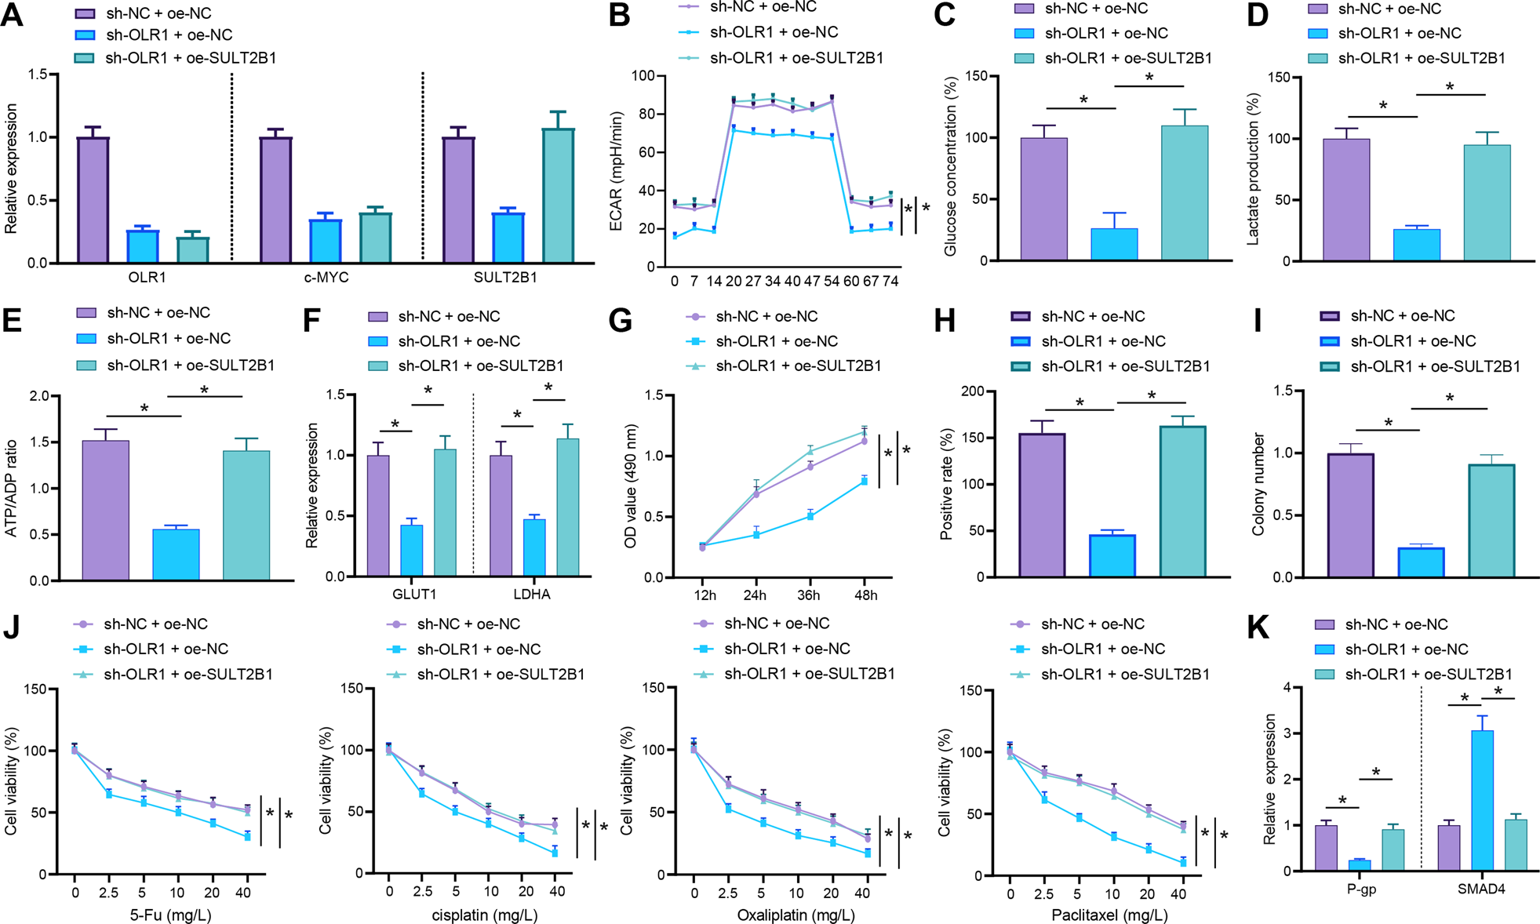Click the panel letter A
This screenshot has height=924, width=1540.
point(13,16)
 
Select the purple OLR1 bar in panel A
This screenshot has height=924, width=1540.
point(93,200)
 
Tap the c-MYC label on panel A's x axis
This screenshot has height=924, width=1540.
point(326,278)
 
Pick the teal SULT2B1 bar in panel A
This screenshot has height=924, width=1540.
point(558,195)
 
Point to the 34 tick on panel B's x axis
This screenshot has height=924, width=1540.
point(772,281)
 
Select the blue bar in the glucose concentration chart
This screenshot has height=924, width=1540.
point(1114,244)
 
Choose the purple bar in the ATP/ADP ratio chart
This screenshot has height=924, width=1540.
point(105,510)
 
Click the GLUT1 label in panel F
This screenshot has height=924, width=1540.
point(414,594)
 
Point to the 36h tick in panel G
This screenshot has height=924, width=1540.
point(809,595)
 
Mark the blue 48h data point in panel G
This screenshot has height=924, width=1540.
point(865,481)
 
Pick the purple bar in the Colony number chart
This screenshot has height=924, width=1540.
point(1350,515)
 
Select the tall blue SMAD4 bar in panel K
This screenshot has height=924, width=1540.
point(1483,800)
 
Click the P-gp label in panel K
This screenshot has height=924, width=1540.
point(1362,889)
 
